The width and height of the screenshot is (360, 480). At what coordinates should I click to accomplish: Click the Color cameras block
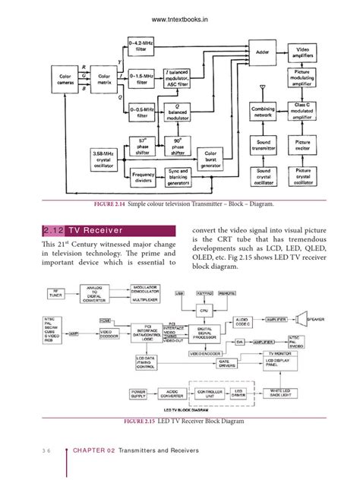click(x=62, y=78)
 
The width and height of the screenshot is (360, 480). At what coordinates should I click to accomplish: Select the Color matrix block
click(x=104, y=78)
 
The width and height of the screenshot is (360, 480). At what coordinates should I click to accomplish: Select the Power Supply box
click(x=138, y=396)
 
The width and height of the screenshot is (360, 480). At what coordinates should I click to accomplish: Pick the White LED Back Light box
click(x=289, y=396)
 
